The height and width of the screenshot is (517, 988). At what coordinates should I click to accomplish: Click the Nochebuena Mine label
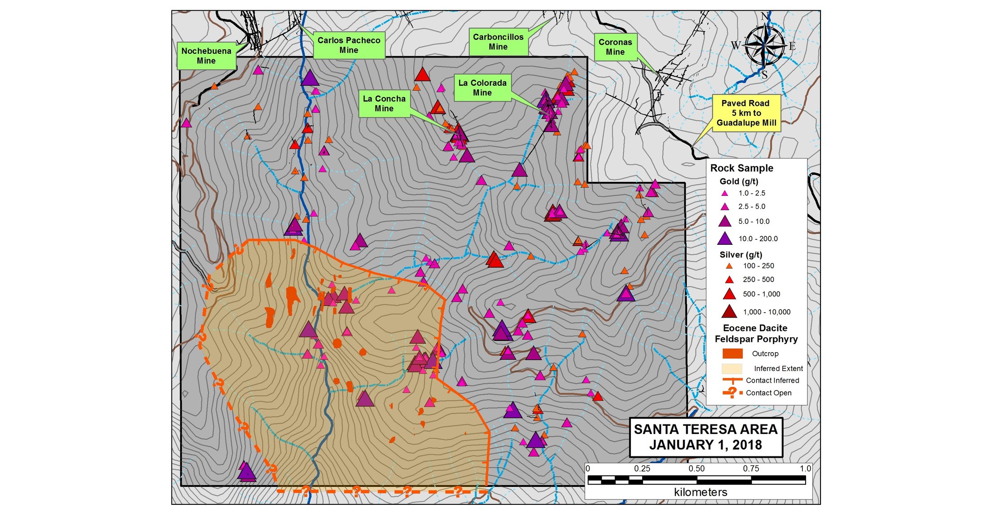(x=206, y=56)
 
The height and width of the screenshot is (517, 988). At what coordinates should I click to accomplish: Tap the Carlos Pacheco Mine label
(x=349, y=45)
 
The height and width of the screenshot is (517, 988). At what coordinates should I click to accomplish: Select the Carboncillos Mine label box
(x=498, y=42)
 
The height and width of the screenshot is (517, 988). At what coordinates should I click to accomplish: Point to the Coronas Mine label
(x=615, y=47)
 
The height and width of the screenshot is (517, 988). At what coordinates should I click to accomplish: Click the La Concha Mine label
(x=384, y=103)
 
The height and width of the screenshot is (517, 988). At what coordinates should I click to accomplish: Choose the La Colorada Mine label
(x=482, y=88)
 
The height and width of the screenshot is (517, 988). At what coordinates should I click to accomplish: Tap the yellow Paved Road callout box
(x=746, y=113)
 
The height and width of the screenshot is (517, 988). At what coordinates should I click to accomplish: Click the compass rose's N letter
(x=765, y=17)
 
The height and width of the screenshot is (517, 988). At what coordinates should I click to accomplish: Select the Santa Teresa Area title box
(x=706, y=437)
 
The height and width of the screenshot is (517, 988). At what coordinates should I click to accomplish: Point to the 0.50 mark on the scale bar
(x=697, y=468)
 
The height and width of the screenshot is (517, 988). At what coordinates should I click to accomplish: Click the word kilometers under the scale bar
(x=700, y=492)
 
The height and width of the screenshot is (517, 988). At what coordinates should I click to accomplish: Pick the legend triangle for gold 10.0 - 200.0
(x=724, y=239)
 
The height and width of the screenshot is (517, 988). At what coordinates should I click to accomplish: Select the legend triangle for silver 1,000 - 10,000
(x=729, y=311)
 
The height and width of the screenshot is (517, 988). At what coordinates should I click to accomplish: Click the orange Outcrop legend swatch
(x=732, y=354)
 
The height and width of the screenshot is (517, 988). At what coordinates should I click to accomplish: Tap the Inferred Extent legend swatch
(x=732, y=368)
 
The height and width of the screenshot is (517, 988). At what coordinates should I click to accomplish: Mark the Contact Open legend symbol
(x=732, y=393)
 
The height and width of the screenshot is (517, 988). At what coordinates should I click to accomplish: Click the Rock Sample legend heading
(x=741, y=168)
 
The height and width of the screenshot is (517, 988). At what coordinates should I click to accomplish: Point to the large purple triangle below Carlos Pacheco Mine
(x=309, y=78)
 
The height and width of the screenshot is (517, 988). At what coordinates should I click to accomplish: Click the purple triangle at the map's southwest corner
(x=246, y=472)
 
